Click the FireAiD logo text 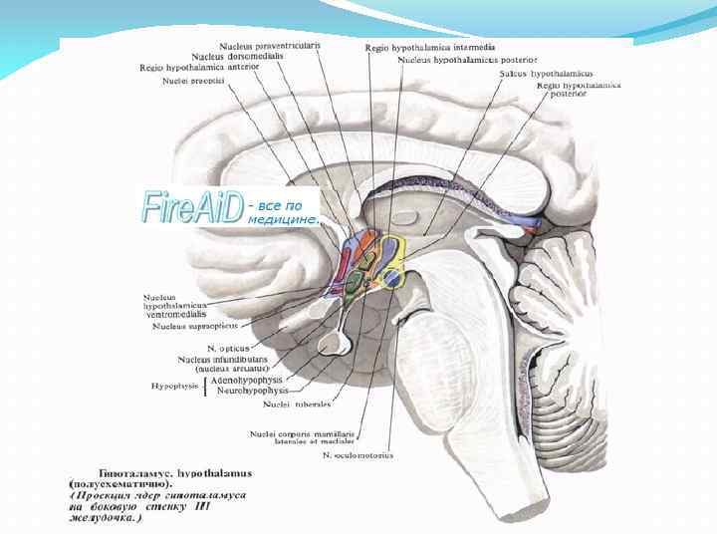pos(193,207)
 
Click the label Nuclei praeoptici pos(195,81)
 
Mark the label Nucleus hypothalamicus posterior pos(467,60)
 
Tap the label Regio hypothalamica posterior pos(578,91)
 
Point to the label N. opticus pos(226,348)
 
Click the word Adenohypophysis pos(248,381)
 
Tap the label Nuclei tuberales pos(296,404)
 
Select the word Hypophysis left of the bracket pos(175,384)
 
